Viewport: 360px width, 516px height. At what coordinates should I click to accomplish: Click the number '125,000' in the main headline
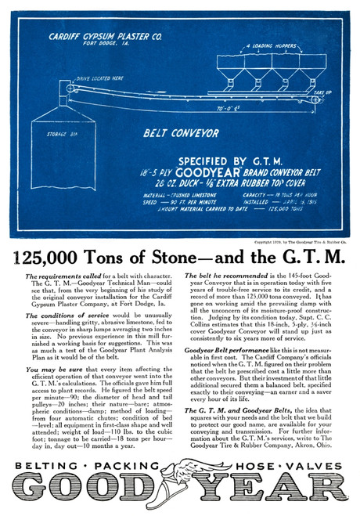coord(63,257)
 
